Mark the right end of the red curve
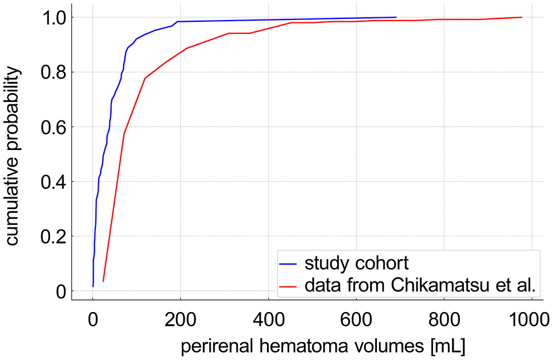pyautogui.click(x=522, y=17)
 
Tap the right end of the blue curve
pyautogui.click(x=396, y=17)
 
